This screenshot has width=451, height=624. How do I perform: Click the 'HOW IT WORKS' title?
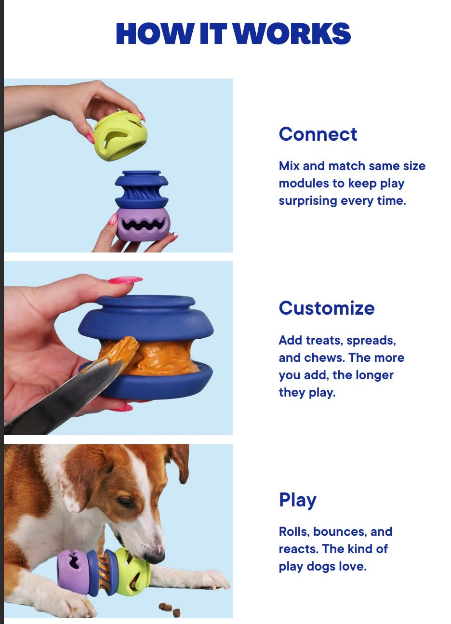233,33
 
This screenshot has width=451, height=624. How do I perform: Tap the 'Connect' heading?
318,134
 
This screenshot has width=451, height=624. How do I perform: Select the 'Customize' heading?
327,308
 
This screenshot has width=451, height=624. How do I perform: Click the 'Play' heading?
298,500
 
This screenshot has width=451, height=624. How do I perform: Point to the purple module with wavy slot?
144,224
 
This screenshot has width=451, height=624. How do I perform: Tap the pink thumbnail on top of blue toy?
125,279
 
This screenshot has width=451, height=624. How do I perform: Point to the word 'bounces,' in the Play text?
340,532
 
